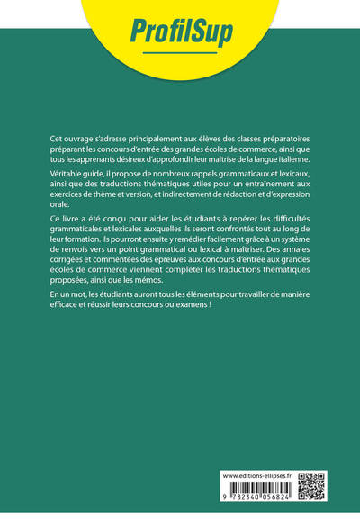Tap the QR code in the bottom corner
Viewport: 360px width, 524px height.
coord(310,484)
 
